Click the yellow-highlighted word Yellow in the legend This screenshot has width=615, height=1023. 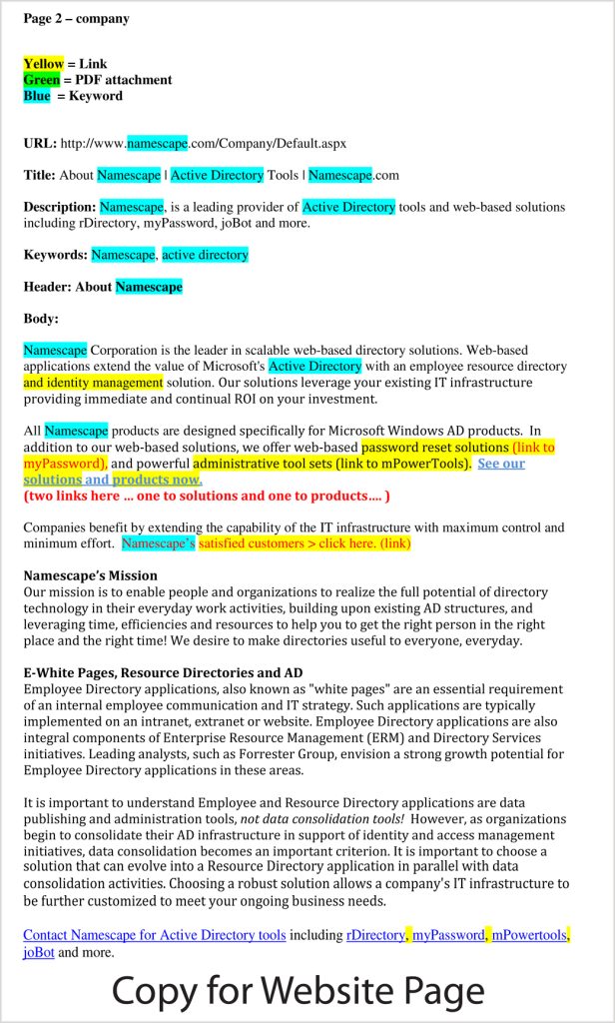[43, 64]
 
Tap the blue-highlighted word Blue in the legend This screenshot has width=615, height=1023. [37, 96]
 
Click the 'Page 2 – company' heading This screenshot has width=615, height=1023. [76, 18]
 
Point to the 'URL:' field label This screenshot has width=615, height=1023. [40, 144]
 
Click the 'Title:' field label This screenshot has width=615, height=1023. [39, 175]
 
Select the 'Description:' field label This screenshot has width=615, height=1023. [59, 208]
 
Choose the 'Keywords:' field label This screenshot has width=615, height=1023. [55, 255]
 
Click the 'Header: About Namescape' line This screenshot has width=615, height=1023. [103, 287]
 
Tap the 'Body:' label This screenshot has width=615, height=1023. [41, 319]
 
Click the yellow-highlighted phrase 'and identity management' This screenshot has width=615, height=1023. [93, 383]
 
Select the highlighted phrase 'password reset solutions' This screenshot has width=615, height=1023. [435, 448]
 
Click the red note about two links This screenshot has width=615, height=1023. [206, 496]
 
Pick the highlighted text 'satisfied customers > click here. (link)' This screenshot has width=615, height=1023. [305, 544]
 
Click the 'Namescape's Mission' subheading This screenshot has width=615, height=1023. [90, 575]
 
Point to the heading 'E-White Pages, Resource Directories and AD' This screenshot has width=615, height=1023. [163, 673]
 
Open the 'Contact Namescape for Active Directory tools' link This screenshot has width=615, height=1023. [155, 936]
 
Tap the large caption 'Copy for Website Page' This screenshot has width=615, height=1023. [298, 990]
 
